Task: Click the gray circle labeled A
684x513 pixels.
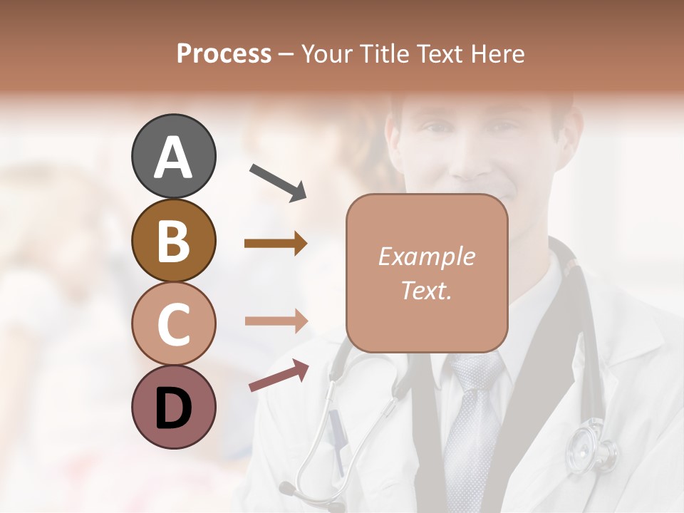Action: [173, 156]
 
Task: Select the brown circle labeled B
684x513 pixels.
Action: [173, 240]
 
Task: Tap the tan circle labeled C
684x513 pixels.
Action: [173, 323]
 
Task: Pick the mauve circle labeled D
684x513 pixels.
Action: [173, 407]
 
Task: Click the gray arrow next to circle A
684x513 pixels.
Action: [278, 182]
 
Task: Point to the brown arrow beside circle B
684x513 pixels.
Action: [276, 244]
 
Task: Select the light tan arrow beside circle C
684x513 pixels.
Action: [276, 321]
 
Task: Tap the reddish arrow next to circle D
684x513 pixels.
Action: [279, 375]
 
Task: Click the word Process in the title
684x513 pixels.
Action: [224, 53]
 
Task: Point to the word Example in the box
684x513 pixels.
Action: [426, 256]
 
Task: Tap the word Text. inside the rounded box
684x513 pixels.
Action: [426, 290]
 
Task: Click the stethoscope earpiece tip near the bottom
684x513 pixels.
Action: [286, 488]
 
